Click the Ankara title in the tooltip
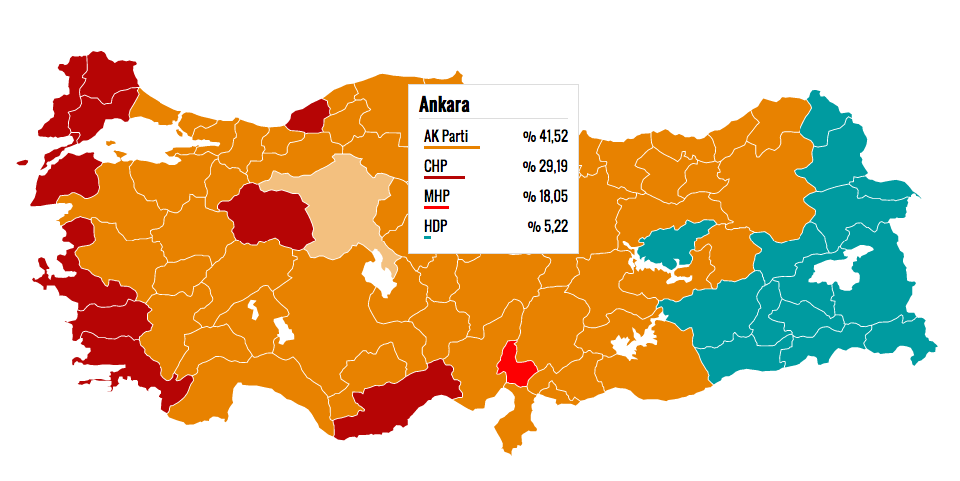[x=445, y=105]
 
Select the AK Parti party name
[x=445, y=136]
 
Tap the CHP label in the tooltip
[x=435, y=166]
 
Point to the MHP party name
[x=436, y=196]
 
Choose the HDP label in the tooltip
[x=435, y=226]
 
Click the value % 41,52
[x=546, y=136]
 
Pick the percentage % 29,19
[x=546, y=166]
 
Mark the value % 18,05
[x=546, y=196]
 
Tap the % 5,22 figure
[x=549, y=226]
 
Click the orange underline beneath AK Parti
[x=452, y=147]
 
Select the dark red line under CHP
[x=444, y=177]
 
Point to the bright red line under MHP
[x=436, y=207]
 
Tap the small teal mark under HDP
[x=427, y=237]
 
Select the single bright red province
[x=517, y=364]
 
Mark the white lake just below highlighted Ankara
[x=380, y=274]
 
